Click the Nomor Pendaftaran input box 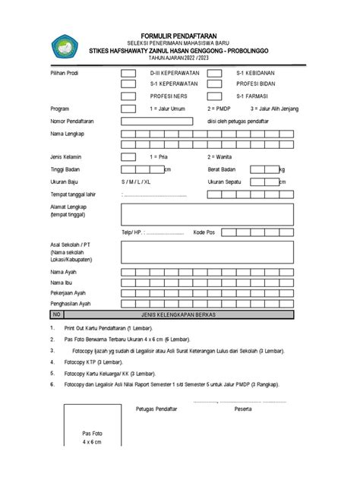(x=155, y=120)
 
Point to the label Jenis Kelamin (x=66, y=156)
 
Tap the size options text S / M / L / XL (x=136, y=182)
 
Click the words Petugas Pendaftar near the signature (x=156, y=409)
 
